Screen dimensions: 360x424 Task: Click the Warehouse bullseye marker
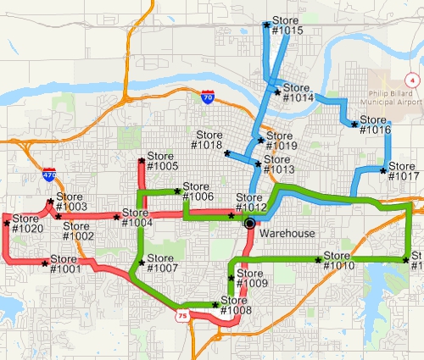pos(249,224)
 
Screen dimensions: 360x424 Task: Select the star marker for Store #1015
pos(267,25)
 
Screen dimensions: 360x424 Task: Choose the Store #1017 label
pos(404,170)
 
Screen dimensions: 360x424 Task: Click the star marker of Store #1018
pos(226,153)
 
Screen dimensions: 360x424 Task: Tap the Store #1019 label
pos(282,141)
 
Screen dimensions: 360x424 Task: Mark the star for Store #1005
pos(141,160)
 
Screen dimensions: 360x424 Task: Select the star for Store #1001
pos(45,263)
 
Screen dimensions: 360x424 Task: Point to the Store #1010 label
pos(338,261)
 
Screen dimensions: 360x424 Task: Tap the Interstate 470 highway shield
pos(49,175)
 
